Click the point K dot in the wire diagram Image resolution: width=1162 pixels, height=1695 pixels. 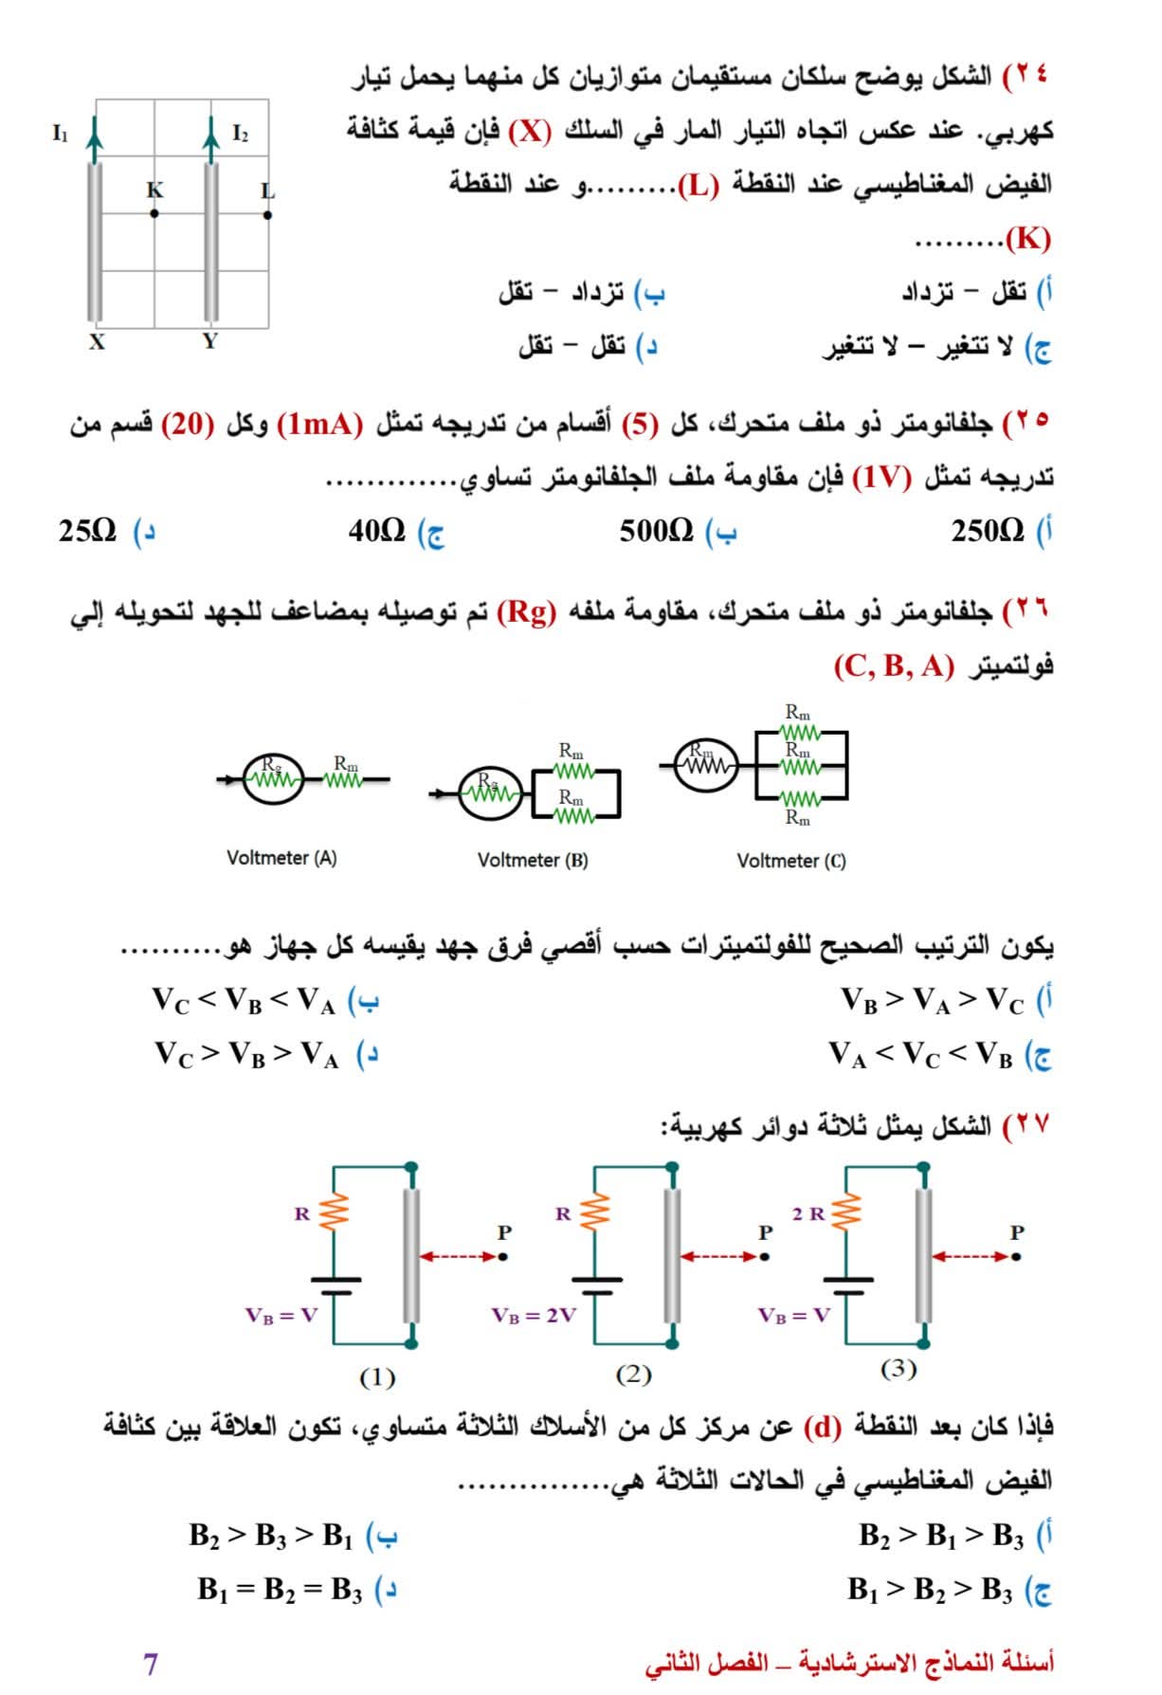click(154, 213)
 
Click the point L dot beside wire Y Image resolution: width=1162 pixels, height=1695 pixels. click(268, 214)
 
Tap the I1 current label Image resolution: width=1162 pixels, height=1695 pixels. click(61, 134)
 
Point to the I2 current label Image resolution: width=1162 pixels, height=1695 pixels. click(240, 134)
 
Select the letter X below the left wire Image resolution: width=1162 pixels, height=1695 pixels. click(97, 343)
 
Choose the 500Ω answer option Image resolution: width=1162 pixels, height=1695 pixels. click(657, 531)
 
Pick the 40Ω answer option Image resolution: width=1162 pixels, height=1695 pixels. click(377, 531)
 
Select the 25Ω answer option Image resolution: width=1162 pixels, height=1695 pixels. click(87, 531)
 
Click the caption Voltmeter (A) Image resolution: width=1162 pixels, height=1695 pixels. click(281, 858)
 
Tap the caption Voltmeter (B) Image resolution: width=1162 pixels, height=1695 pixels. click(533, 861)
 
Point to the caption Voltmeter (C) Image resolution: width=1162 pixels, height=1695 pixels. click(791, 862)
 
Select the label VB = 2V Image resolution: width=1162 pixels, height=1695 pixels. click(534, 1316)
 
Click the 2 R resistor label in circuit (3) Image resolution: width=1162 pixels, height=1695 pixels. click(808, 1213)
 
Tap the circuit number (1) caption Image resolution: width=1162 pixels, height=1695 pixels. click(377, 1376)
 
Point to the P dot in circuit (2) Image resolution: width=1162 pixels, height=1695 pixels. click(765, 1257)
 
